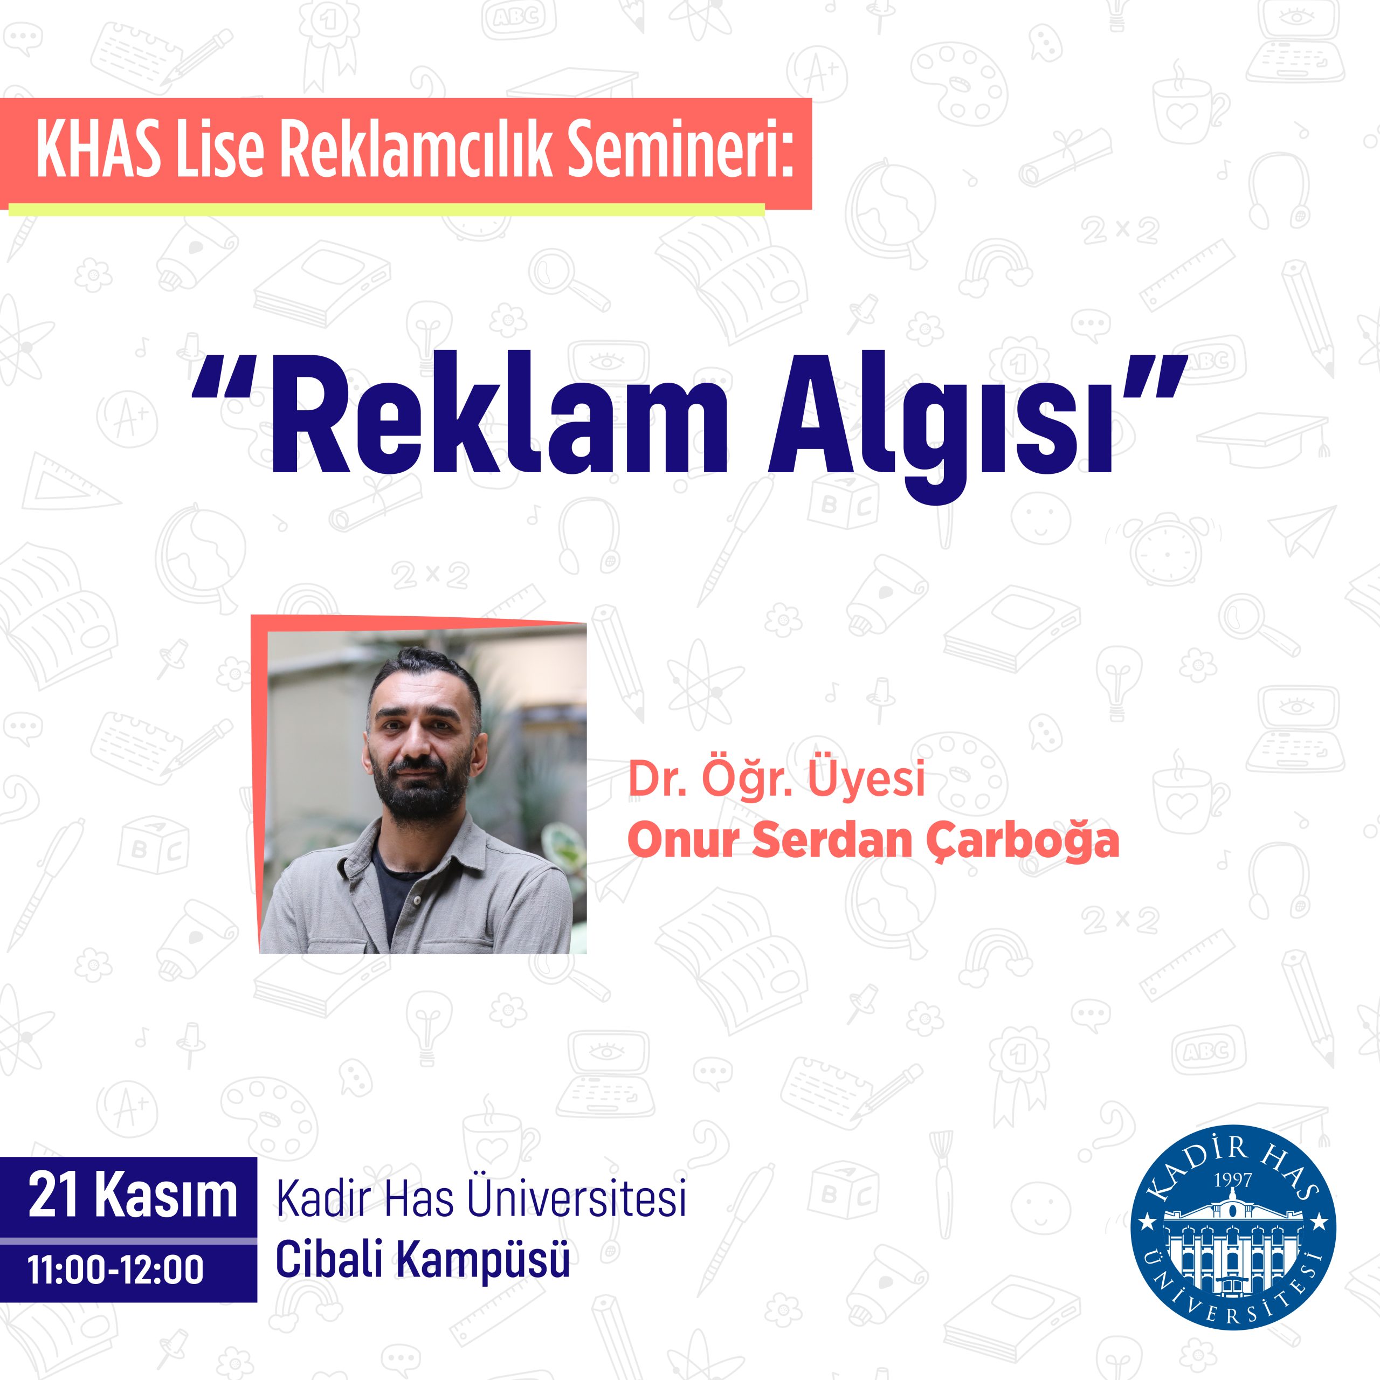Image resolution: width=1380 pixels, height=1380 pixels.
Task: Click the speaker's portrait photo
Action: [423, 791]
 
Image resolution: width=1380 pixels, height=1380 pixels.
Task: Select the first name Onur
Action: [683, 841]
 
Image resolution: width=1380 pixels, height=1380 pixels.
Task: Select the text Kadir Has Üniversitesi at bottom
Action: [481, 1199]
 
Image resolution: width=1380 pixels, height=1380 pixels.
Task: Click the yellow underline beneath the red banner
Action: [387, 209]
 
